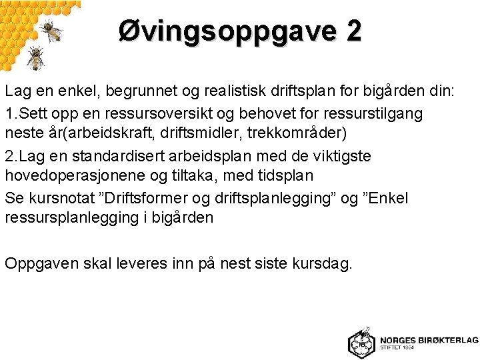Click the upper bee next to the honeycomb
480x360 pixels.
(51, 29)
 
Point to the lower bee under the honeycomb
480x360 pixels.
(35, 59)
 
